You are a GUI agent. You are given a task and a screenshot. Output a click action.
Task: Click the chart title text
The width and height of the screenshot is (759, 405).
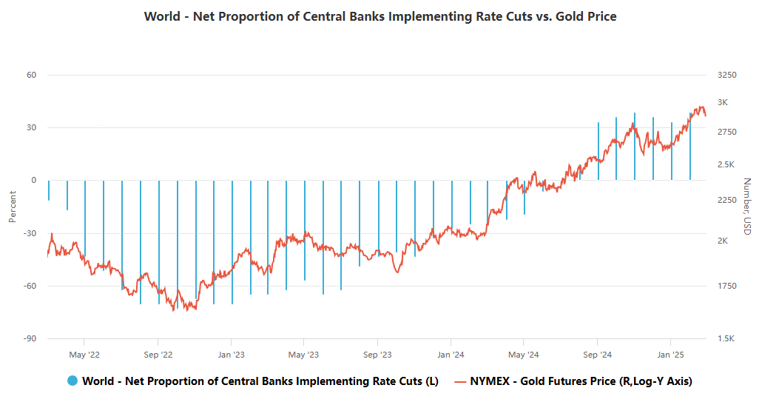tap(379, 16)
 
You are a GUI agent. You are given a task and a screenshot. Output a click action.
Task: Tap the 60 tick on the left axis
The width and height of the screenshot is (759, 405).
tap(32, 75)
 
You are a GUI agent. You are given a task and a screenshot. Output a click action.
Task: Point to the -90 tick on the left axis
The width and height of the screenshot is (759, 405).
tap(30, 338)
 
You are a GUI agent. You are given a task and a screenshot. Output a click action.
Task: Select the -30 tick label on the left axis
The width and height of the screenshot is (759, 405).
tap(30, 233)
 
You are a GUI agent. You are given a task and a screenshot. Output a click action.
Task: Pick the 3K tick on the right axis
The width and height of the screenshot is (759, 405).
tap(723, 102)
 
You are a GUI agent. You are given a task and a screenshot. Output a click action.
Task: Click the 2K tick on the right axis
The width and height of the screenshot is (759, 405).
tap(723, 241)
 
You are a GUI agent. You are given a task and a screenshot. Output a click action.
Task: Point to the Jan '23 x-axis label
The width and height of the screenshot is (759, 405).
tap(231, 354)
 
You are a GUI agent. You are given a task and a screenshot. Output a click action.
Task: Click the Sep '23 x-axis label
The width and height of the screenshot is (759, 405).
tap(377, 354)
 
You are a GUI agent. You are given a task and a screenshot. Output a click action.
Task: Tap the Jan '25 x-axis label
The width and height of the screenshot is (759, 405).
tap(670, 354)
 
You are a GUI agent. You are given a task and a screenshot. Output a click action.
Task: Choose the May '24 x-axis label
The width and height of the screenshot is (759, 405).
tap(523, 354)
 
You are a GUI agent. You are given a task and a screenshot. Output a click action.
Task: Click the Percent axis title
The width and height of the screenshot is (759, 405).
tap(12, 207)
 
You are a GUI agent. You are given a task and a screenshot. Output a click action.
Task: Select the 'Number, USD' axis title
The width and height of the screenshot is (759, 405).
tap(747, 207)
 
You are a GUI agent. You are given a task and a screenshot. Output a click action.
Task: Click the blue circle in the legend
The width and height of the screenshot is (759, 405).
tap(72, 381)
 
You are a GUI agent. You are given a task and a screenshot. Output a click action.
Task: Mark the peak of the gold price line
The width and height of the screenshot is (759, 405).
tap(701, 106)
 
